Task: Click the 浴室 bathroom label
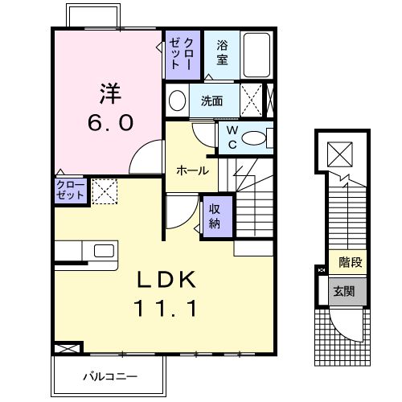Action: (x=221, y=53)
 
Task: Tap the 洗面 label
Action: (x=211, y=101)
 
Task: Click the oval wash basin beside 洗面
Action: (x=177, y=100)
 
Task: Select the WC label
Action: (x=232, y=137)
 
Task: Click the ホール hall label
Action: (x=192, y=170)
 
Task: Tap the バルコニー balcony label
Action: (x=109, y=376)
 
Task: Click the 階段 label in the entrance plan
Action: (x=349, y=261)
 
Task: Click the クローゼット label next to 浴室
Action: (x=177, y=53)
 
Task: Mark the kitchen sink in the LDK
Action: (x=104, y=251)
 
